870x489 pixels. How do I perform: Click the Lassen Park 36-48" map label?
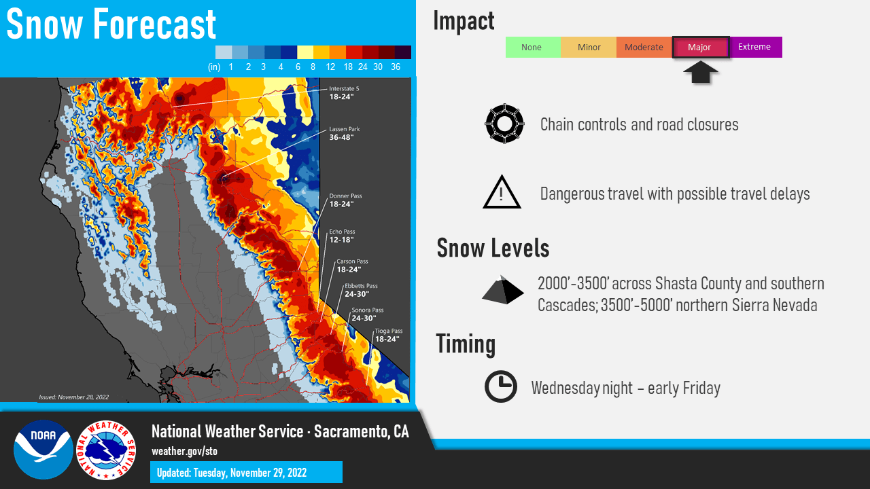[345, 133]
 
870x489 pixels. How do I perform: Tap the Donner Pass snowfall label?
[346, 200]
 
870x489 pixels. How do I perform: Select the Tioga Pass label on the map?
[388, 335]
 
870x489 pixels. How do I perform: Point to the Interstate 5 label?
[344, 93]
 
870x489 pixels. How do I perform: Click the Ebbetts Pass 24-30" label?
[361, 290]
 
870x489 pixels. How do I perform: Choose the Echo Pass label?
[342, 236]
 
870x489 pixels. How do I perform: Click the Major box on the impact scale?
[701, 48]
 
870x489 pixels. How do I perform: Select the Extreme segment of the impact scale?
[756, 47]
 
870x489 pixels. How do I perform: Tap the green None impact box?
[533, 47]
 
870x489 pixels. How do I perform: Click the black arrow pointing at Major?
[700, 72]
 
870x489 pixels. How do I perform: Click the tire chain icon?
[504, 124]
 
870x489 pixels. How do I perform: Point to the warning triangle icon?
[502, 192]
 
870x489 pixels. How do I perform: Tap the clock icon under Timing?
[501, 386]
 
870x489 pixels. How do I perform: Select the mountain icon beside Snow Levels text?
[502, 290]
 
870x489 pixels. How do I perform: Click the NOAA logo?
[43, 450]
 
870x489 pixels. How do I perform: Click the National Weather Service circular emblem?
[106, 450]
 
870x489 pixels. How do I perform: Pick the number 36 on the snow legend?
[396, 67]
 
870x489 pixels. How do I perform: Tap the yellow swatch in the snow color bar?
[305, 52]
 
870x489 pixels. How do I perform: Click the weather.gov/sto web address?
[184, 452]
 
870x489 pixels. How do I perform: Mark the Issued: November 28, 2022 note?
[74, 397]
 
